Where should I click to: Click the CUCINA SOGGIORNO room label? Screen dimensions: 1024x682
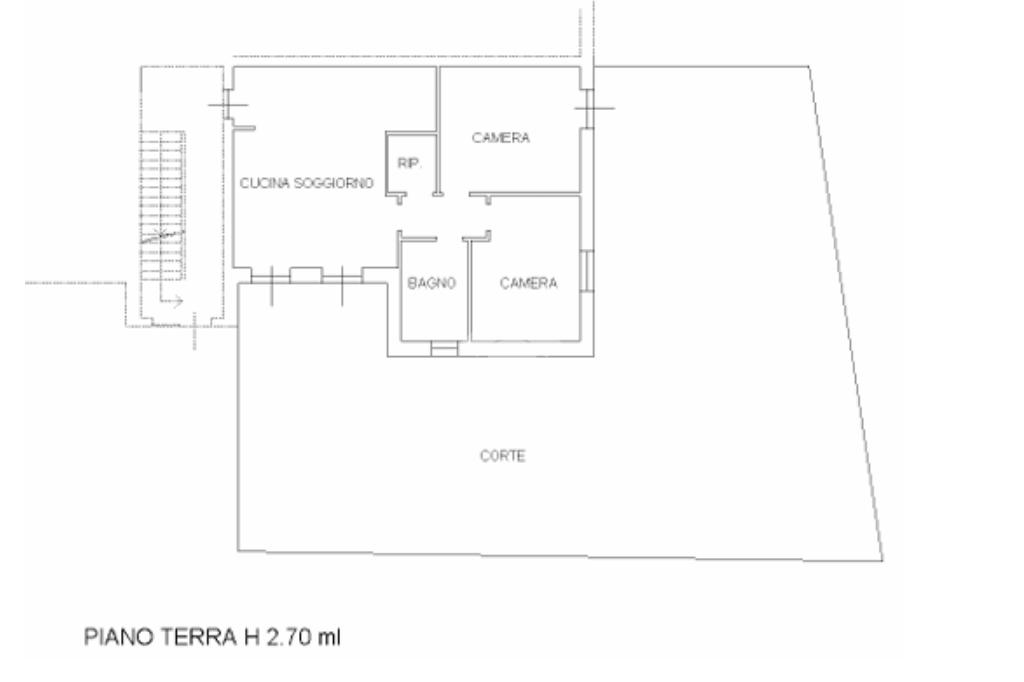(x=306, y=183)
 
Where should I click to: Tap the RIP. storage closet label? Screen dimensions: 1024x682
(x=409, y=163)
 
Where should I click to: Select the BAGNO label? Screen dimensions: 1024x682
(x=431, y=283)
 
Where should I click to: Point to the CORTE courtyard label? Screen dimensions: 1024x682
(x=502, y=455)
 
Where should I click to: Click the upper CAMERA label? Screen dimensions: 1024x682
(x=501, y=138)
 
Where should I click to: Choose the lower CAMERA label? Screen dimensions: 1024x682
(x=528, y=283)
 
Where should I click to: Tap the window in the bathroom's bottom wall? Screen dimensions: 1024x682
(x=444, y=349)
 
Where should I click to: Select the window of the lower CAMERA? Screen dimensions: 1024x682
(x=587, y=270)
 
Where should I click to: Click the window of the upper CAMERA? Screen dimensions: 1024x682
(x=587, y=108)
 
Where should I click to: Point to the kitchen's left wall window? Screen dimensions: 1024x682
(x=227, y=105)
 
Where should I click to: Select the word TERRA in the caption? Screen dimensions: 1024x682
(x=199, y=636)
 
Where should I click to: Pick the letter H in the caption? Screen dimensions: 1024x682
(x=251, y=636)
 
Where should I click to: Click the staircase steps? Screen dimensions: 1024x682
(x=163, y=205)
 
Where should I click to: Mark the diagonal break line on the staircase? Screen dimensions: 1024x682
(x=163, y=236)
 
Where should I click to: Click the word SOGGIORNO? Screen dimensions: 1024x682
(x=334, y=183)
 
